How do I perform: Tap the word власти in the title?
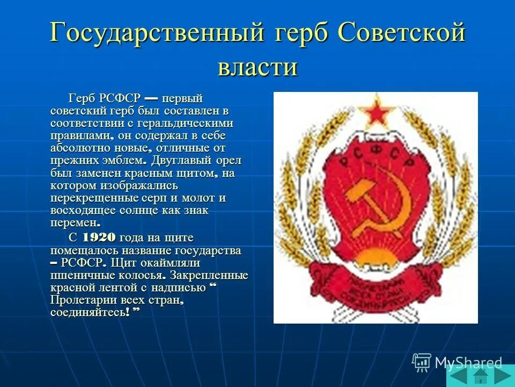[x=257, y=68]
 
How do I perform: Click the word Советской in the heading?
[x=401, y=34]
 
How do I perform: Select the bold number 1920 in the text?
[x=100, y=238]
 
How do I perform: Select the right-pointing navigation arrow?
[x=503, y=375]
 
